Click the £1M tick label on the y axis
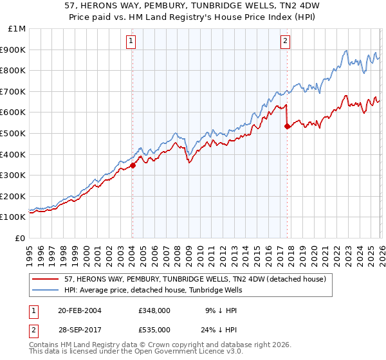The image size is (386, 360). [x=17, y=29]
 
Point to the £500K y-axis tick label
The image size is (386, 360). [x=14, y=134]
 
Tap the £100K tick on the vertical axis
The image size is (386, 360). [x=14, y=217]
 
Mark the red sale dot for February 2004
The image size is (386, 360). [x=133, y=165]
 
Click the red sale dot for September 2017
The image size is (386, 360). [x=287, y=126]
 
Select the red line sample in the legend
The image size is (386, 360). [x=45, y=279]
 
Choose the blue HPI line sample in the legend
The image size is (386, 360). [x=45, y=290]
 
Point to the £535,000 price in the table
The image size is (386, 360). [x=154, y=329]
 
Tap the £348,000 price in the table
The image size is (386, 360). [x=154, y=310]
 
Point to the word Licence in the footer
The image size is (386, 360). [x=167, y=353]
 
